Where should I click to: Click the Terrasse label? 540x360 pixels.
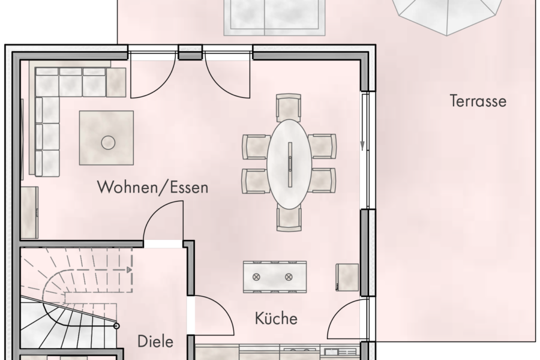(478, 101)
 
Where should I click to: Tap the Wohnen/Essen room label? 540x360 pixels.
(153, 188)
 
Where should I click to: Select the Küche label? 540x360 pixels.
(276, 317)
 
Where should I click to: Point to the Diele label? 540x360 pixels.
(155, 342)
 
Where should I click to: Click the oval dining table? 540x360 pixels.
(290, 163)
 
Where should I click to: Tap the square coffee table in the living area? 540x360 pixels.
(107, 138)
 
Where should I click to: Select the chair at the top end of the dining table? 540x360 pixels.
(289, 107)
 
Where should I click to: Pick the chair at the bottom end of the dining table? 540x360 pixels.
(289, 218)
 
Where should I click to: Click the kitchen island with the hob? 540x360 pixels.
(272, 277)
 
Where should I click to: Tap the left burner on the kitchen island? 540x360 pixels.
(257, 277)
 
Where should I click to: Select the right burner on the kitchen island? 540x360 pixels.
(288, 277)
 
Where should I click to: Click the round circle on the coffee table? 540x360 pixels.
(108, 142)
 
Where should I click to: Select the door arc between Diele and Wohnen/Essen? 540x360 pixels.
(162, 219)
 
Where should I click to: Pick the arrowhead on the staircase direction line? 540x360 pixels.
(128, 270)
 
